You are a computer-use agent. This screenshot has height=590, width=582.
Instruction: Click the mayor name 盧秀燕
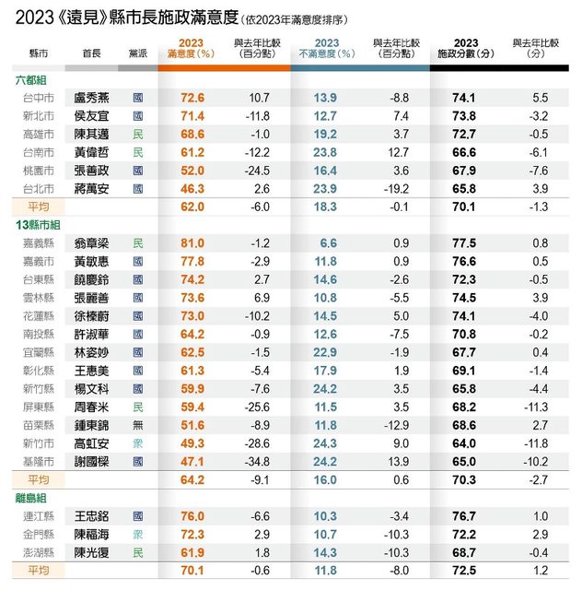pyautogui.click(x=92, y=98)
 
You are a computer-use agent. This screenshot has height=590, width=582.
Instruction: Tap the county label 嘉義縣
pyautogui.click(x=38, y=243)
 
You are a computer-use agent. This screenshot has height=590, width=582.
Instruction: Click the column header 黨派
pyautogui.click(x=138, y=54)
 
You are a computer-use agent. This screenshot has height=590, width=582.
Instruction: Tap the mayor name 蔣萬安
pyautogui.click(x=92, y=189)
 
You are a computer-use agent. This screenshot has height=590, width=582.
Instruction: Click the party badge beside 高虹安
pyautogui.click(x=138, y=442)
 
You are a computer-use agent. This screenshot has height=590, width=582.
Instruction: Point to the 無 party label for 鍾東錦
pyautogui.click(x=138, y=424)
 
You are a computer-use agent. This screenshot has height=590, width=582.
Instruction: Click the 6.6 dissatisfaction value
pyautogui.click(x=328, y=243)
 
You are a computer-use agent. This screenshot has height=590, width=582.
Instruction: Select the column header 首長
pyautogui.click(x=91, y=54)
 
